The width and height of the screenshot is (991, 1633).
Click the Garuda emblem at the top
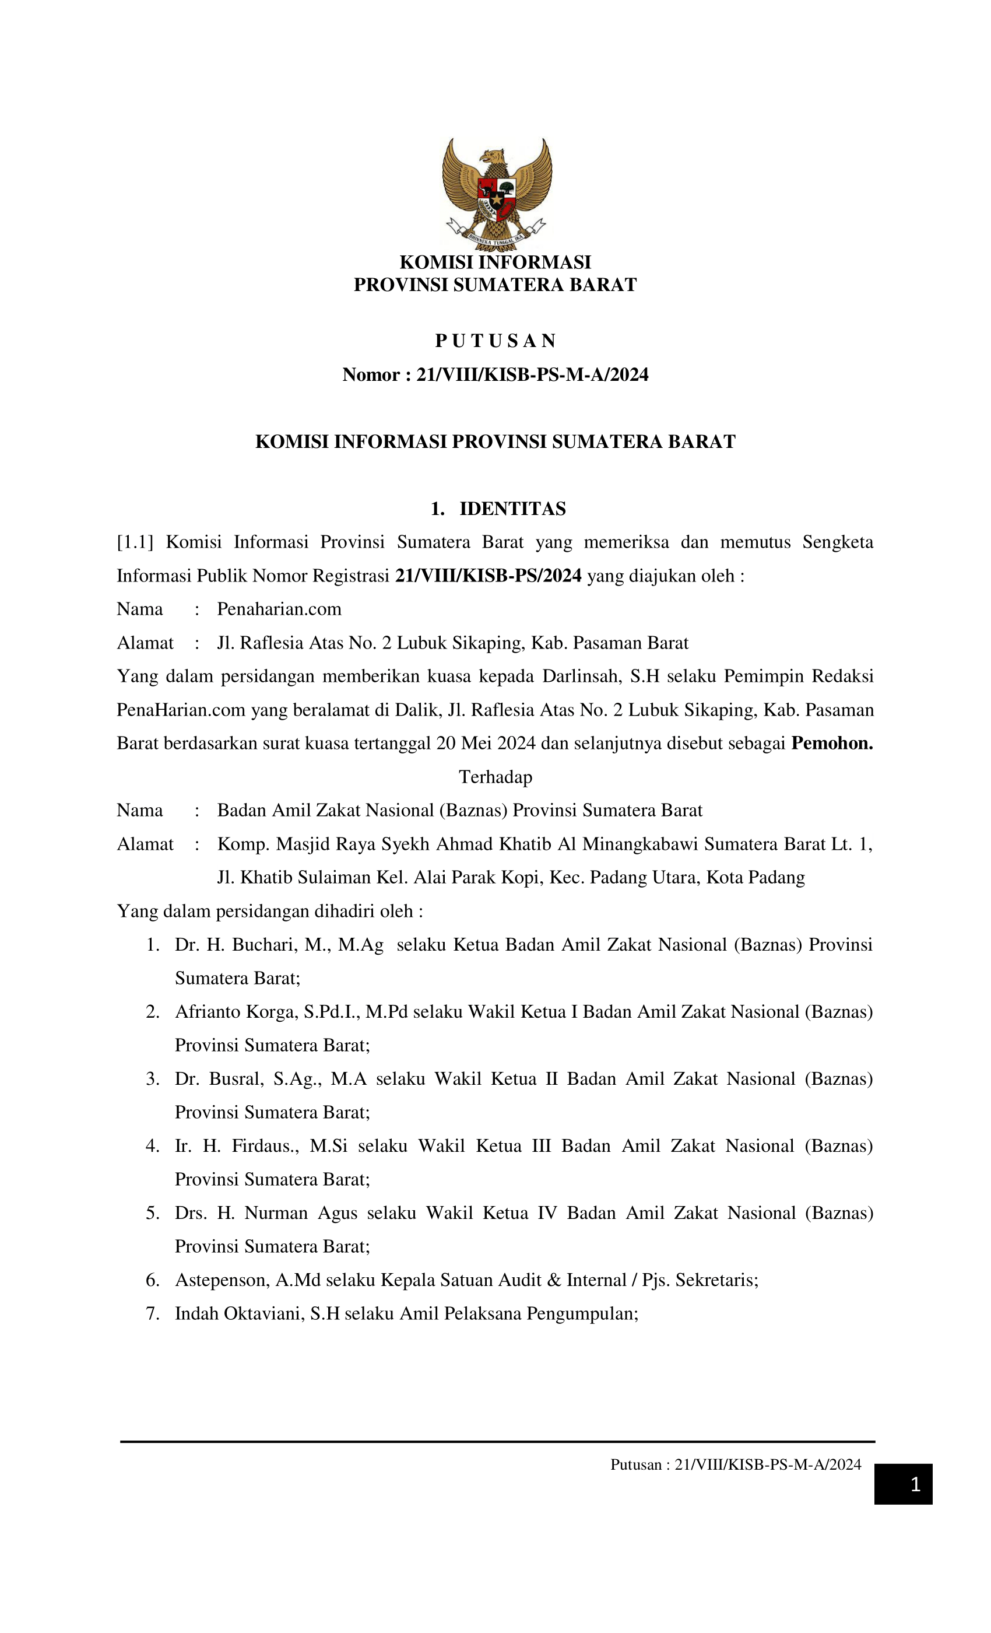click(496, 194)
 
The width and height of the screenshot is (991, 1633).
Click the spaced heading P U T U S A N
click(495, 341)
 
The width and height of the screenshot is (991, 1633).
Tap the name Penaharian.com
click(279, 608)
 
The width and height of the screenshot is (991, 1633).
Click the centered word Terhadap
click(495, 776)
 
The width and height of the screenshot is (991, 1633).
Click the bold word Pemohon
click(831, 743)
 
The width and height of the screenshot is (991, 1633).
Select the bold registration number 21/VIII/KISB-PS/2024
click(489, 575)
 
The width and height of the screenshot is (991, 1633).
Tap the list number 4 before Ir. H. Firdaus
click(152, 1145)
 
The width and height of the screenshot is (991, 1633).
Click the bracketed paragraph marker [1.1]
click(135, 542)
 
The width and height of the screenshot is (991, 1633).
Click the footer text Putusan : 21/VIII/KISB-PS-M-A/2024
click(735, 1464)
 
